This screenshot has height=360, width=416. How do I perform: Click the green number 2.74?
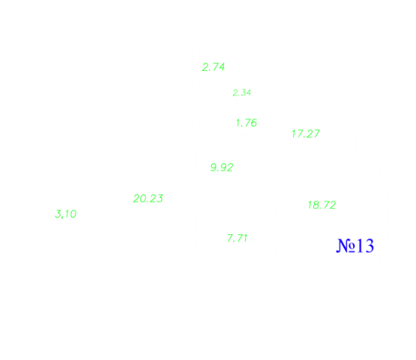pyautogui.click(x=213, y=67)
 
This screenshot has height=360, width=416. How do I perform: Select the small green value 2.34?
pyautogui.click(x=242, y=93)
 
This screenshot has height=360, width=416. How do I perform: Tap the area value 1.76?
pyautogui.click(x=247, y=123)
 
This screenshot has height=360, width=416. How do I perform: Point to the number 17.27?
pyautogui.click(x=305, y=134)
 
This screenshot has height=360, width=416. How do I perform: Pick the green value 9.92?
pyautogui.click(x=222, y=168)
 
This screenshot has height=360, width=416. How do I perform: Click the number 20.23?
pyautogui.click(x=148, y=199)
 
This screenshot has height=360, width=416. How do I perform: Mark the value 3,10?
pyautogui.click(x=66, y=214)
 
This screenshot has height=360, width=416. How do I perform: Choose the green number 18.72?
pyautogui.click(x=322, y=205)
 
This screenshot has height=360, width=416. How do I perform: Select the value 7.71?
pyautogui.click(x=237, y=238)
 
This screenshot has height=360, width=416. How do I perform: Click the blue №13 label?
pyautogui.click(x=355, y=246)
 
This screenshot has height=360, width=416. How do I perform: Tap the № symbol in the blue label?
pyautogui.click(x=346, y=246)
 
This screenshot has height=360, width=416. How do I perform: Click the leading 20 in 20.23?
pyautogui.click(x=140, y=199)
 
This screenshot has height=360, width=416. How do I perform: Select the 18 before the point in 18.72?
pyautogui.click(x=314, y=205)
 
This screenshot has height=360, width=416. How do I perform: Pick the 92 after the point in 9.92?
pyautogui.click(x=226, y=168)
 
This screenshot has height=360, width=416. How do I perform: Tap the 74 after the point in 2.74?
pyautogui.click(x=218, y=67)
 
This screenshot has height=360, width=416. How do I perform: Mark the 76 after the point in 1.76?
pyautogui.click(x=251, y=123)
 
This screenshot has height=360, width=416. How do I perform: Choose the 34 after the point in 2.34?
pyautogui.click(x=246, y=93)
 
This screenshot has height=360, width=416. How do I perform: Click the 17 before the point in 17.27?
pyautogui.click(x=297, y=134)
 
